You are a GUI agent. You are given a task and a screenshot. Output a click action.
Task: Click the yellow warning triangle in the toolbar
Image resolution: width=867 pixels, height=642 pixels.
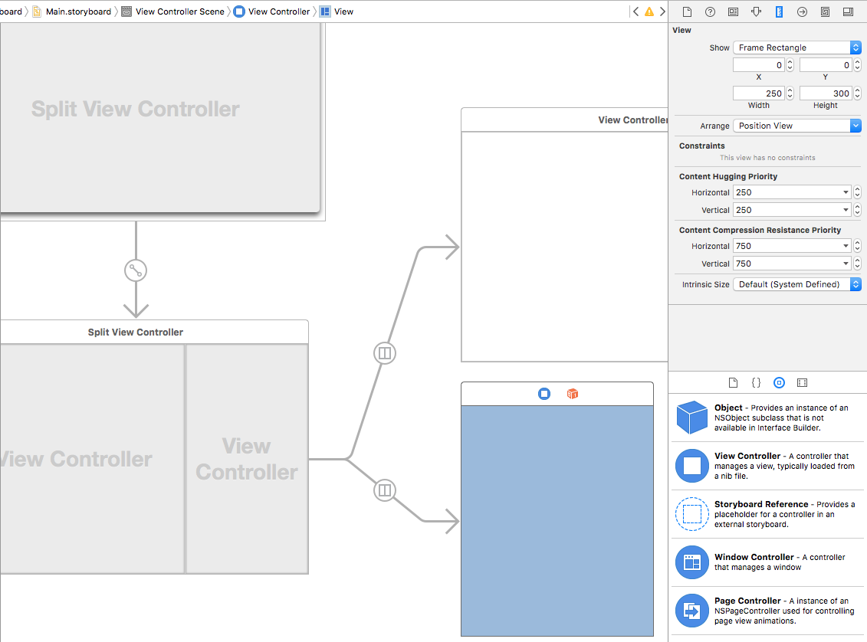click(x=649, y=11)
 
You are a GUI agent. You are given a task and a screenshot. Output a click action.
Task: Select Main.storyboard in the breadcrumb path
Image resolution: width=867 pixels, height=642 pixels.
click(x=77, y=11)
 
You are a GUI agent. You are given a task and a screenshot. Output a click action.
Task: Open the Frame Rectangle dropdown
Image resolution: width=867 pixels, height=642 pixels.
click(x=796, y=47)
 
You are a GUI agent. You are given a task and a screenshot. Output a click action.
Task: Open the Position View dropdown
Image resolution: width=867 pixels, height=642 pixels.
click(x=796, y=126)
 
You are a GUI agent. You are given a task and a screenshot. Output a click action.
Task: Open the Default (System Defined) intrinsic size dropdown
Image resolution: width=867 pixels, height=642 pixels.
click(x=796, y=284)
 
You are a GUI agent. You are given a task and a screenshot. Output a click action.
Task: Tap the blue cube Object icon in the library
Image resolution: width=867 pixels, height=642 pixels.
click(x=691, y=418)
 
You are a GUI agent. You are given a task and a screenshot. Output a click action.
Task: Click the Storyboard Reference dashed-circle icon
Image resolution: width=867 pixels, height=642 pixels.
click(x=691, y=514)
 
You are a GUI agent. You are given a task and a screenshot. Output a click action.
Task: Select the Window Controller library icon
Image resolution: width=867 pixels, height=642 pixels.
click(x=691, y=562)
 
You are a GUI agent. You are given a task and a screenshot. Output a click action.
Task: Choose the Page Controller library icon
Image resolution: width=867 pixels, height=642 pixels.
click(x=691, y=611)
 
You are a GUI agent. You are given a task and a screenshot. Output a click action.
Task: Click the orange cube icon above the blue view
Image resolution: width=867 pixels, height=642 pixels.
click(x=572, y=394)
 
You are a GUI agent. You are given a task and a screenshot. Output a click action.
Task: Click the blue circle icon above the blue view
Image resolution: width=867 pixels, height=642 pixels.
click(x=544, y=394)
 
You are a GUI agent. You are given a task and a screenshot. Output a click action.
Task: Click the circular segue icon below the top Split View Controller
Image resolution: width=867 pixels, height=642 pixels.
click(x=136, y=270)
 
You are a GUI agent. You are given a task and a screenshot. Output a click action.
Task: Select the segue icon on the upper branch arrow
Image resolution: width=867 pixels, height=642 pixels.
click(x=385, y=353)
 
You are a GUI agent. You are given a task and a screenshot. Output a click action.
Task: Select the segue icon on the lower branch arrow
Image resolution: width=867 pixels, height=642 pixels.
click(x=385, y=490)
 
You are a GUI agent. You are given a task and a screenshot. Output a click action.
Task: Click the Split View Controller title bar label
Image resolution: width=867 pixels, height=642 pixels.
click(x=136, y=332)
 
